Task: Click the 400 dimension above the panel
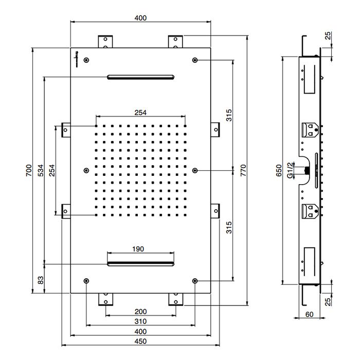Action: click(x=140, y=17)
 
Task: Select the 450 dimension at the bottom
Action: click(x=140, y=341)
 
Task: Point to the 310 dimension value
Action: click(x=140, y=321)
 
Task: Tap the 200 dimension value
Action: click(x=140, y=312)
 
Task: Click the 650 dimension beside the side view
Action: click(x=278, y=170)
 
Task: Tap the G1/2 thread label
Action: click(x=291, y=170)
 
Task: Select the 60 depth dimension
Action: click(x=310, y=314)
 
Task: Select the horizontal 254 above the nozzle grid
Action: click(x=140, y=113)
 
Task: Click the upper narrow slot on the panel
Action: click(x=140, y=78)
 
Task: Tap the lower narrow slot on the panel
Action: click(x=140, y=264)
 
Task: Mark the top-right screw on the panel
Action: click(x=195, y=60)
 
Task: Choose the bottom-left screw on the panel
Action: click(x=86, y=281)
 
